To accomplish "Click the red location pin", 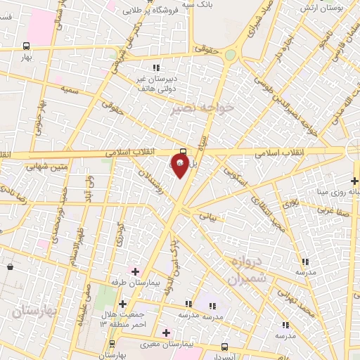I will point(180,166).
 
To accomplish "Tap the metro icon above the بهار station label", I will point(26,46).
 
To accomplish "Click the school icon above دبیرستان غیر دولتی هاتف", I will point(156,68).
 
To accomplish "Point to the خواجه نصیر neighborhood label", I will point(205,107).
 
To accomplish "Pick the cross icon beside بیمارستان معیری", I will point(167,333).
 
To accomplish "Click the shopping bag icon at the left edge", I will point(10,267).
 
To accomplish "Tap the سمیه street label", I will point(69,89).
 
